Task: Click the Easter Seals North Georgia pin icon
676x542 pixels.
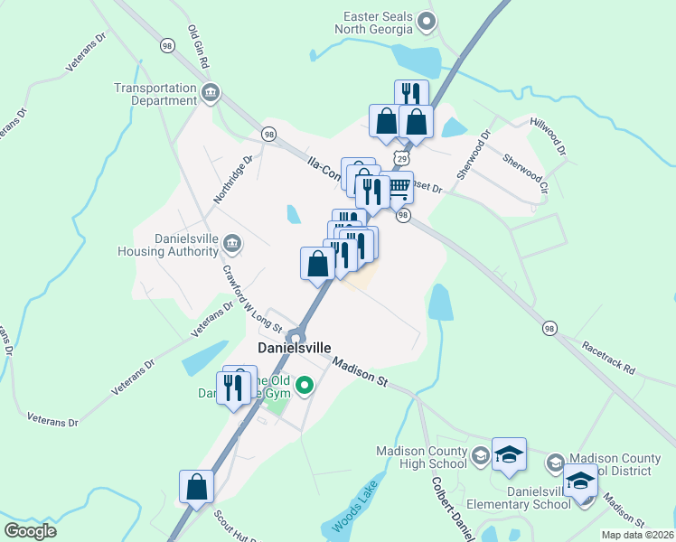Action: click(x=430, y=21)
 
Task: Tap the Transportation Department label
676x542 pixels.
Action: click(x=155, y=94)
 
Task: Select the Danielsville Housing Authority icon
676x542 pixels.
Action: click(x=231, y=244)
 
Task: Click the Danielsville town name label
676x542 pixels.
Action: click(x=295, y=348)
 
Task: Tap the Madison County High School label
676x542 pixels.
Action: click(x=422, y=457)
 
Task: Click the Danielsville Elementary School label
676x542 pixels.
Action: click(x=512, y=497)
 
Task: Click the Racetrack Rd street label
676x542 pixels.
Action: click(x=608, y=358)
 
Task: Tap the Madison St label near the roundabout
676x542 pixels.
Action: click(x=359, y=372)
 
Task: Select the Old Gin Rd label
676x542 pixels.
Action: click(x=198, y=47)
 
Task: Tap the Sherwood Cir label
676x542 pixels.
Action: click(x=525, y=174)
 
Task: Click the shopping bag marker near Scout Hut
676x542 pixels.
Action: click(x=197, y=488)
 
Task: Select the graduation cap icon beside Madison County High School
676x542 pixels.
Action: click(x=509, y=457)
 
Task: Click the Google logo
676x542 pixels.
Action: click(x=30, y=531)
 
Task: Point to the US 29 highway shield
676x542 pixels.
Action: click(x=400, y=158)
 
